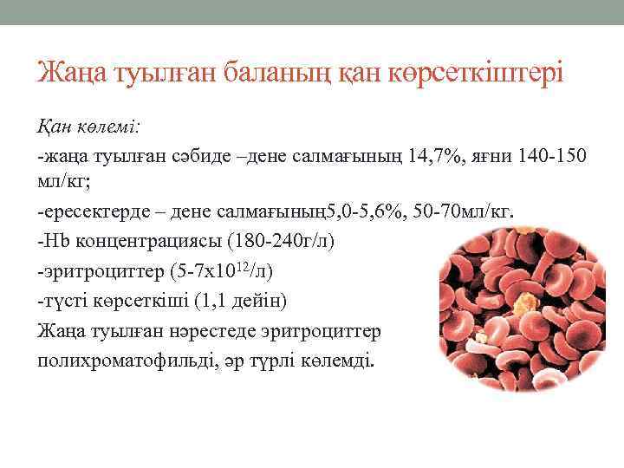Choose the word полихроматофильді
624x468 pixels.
[127, 360]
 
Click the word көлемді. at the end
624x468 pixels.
[341, 360]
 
